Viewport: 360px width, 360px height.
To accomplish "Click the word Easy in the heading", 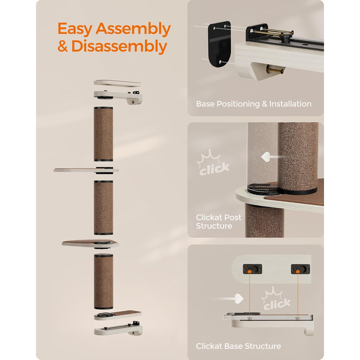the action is pos(75,29).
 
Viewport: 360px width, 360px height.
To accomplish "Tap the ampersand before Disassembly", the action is pos(62,46).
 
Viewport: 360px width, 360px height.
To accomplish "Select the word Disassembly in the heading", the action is pos(119,47).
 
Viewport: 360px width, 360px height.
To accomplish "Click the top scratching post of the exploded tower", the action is pos(103,134).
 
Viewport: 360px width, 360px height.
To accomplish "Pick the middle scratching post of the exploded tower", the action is pos(103,208).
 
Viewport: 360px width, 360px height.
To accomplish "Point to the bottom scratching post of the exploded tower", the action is pos(103,281).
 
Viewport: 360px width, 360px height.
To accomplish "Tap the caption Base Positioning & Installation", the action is pos(254,104).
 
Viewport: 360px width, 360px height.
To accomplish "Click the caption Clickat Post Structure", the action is pos(219,222).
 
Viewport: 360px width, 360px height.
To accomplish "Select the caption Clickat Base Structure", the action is pos(238,346).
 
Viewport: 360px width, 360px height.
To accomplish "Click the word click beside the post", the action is pos(214,169).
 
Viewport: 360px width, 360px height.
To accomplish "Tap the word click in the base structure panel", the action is pos(277,304).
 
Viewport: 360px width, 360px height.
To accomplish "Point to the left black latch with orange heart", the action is pos(253,269).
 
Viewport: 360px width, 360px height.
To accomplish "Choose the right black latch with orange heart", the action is pos(300,269).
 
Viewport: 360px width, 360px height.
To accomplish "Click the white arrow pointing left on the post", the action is pos(271,157).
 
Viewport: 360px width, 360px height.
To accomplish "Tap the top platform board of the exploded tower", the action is pos(117,83).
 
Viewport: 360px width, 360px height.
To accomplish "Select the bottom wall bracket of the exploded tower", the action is pos(118,329).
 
